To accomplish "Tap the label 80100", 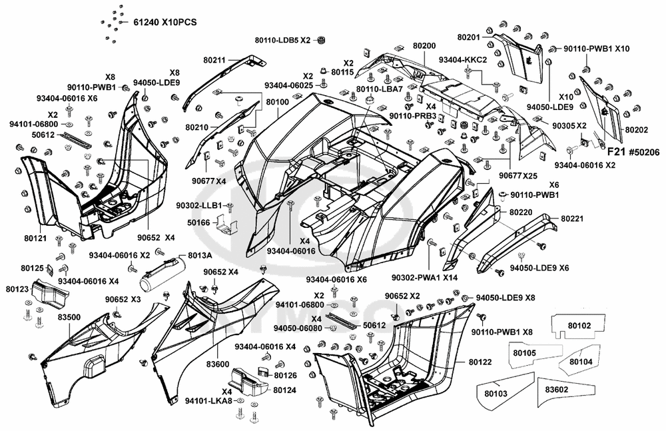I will [277, 102].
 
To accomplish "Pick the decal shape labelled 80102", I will [579, 326].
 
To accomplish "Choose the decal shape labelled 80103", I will [496, 393].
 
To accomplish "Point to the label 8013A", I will [199, 255].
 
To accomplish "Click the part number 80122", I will [482, 362].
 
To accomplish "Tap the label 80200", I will [424, 45].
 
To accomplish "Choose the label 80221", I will [572, 218].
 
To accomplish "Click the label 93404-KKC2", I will [463, 59].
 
